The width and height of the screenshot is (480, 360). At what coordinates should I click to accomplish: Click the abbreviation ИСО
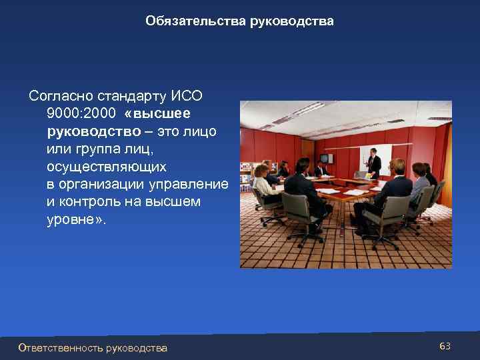click(x=189, y=95)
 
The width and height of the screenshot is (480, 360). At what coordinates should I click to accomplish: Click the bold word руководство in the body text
click(x=89, y=131)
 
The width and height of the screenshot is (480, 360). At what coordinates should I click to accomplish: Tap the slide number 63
click(x=445, y=346)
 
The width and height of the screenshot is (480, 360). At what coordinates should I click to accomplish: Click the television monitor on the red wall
click(x=325, y=159)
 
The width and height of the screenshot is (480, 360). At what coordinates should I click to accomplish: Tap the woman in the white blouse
click(x=264, y=183)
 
